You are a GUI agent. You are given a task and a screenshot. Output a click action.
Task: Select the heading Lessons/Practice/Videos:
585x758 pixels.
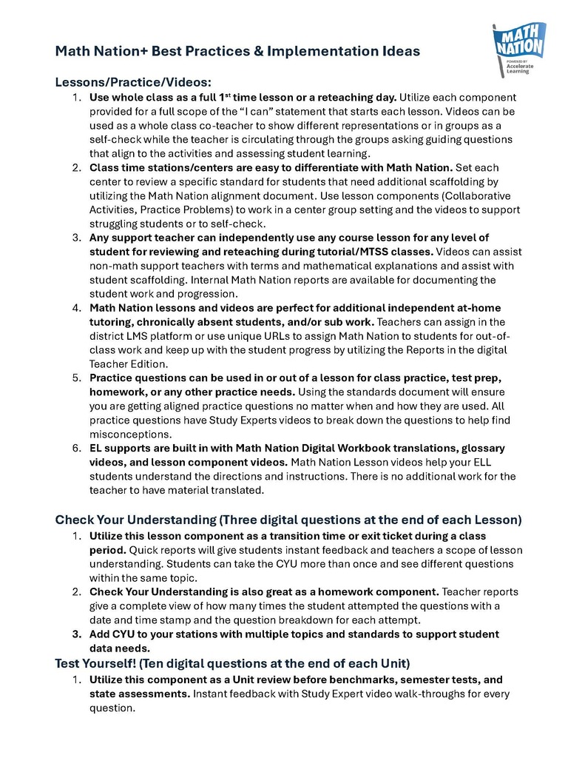[133, 82]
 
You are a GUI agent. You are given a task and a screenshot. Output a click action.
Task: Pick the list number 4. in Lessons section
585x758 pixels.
[76, 308]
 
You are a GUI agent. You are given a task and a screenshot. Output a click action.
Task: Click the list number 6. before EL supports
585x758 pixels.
[76, 448]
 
